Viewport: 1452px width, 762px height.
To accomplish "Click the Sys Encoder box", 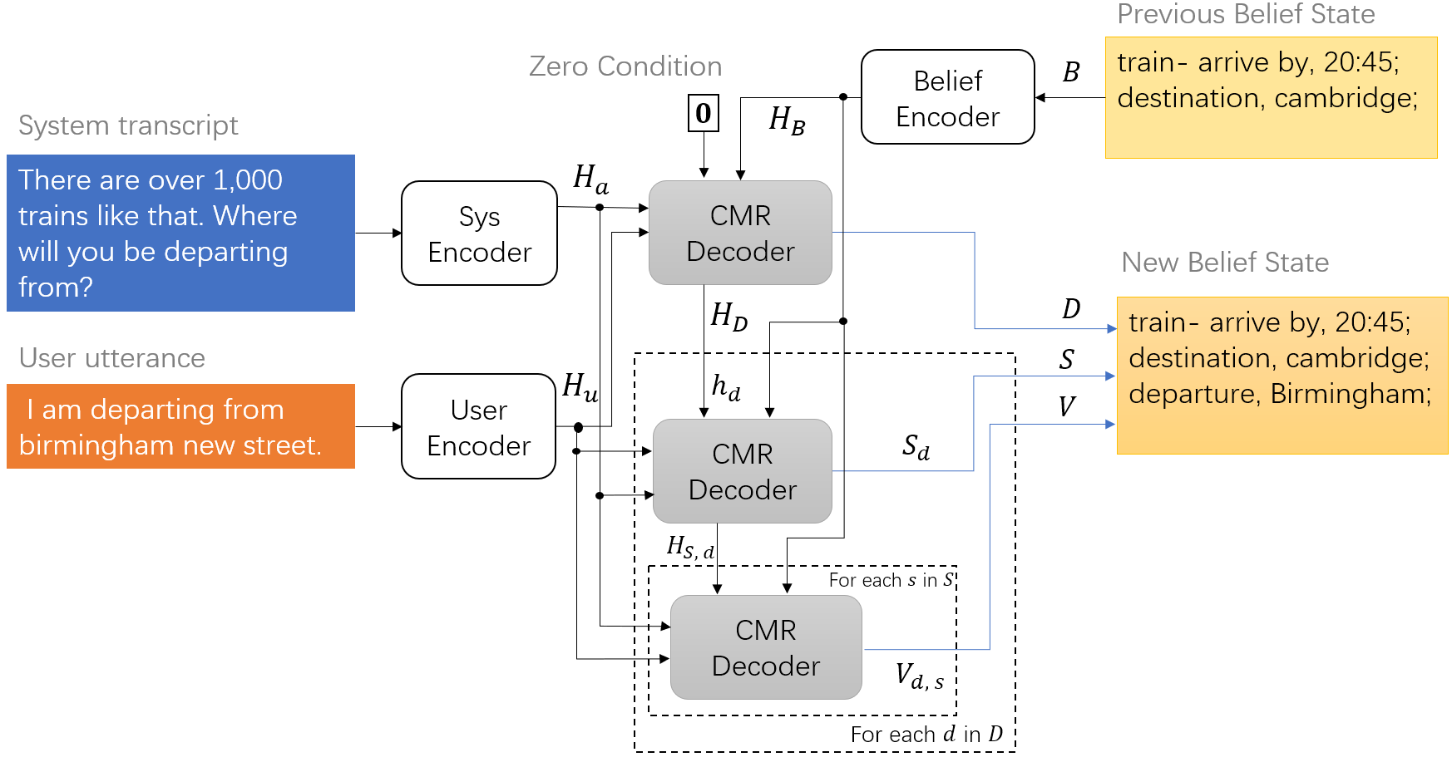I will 479,234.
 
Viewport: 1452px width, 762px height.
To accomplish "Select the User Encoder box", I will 478,426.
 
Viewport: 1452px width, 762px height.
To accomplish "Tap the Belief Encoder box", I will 947,97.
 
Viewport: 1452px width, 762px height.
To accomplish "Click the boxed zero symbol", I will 703,113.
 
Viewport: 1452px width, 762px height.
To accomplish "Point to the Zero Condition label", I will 625,66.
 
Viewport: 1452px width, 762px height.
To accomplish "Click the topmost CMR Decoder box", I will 740,233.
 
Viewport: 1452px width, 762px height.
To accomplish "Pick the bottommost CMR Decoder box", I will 765,647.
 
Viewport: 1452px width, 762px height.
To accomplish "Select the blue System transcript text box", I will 180,233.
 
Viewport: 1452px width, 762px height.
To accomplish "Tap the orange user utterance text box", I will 180,426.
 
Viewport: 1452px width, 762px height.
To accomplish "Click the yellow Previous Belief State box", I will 1271,97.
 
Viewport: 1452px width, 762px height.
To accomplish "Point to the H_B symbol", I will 786,120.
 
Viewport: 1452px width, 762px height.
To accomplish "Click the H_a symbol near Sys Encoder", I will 590,179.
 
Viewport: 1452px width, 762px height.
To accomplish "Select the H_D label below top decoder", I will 728,317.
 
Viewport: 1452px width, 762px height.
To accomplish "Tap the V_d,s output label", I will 919,676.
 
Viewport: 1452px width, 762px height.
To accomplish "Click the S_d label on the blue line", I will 916,448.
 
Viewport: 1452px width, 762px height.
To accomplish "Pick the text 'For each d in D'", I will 926,735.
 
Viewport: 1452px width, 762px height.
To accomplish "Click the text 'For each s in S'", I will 891,580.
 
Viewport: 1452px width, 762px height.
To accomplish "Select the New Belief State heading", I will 1225,263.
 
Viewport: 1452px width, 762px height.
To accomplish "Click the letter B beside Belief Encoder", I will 1071,73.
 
